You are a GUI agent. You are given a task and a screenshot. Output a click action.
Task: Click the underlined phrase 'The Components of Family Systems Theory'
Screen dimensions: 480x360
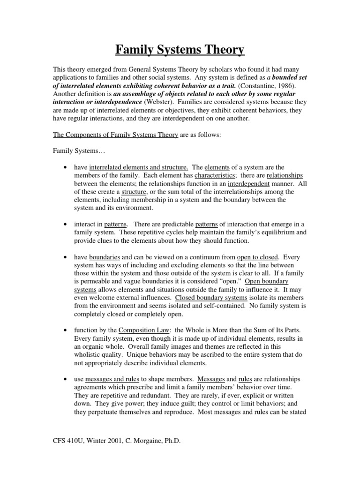115,135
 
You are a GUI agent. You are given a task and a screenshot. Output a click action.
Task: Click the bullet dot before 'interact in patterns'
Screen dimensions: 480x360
64,225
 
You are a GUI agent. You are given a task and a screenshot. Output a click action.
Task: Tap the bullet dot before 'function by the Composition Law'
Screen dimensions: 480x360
64,330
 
